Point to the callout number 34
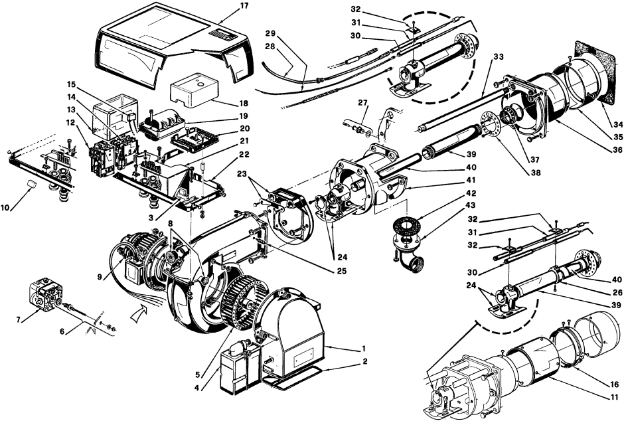[x=617, y=125]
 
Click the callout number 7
[x=17, y=320]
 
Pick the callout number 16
[x=615, y=384]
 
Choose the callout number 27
[x=362, y=103]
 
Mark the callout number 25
[x=341, y=271]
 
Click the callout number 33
[x=499, y=57]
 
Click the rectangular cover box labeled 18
[x=195, y=90]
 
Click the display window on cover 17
[x=223, y=35]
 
